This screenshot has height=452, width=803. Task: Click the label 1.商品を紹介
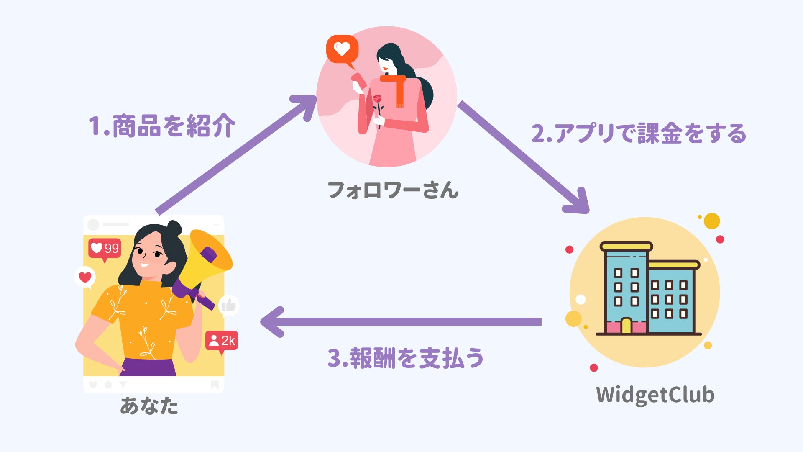[162, 126]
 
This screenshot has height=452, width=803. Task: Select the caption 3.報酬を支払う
[405, 358]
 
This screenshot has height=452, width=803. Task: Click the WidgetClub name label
[655, 395]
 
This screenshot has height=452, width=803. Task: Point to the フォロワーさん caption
[393, 190]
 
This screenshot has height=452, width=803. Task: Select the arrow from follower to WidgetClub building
[523, 157]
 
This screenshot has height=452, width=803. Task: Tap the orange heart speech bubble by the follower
[342, 49]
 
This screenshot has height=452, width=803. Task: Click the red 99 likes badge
[105, 249]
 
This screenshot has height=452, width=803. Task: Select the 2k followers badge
[222, 341]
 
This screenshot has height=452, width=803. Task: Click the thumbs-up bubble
[229, 306]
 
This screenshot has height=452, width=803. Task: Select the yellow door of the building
[626, 326]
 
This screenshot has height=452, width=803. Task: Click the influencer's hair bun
[174, 228]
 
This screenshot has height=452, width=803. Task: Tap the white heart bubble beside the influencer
[85, 277]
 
